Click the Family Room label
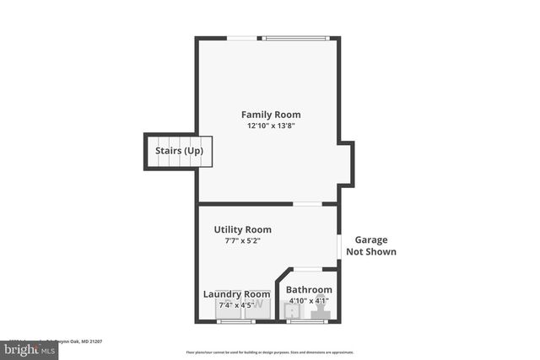271,115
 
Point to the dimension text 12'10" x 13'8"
271,126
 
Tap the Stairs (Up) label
179,151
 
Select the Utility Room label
242,229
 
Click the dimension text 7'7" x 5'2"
242,240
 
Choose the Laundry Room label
237,294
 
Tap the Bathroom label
309,290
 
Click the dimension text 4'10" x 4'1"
309,300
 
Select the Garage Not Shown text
370,245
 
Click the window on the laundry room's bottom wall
236,321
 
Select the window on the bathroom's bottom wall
307,321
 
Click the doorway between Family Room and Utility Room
307,204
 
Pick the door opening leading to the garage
339,246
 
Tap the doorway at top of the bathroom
307,269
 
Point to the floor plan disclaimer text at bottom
270,352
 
